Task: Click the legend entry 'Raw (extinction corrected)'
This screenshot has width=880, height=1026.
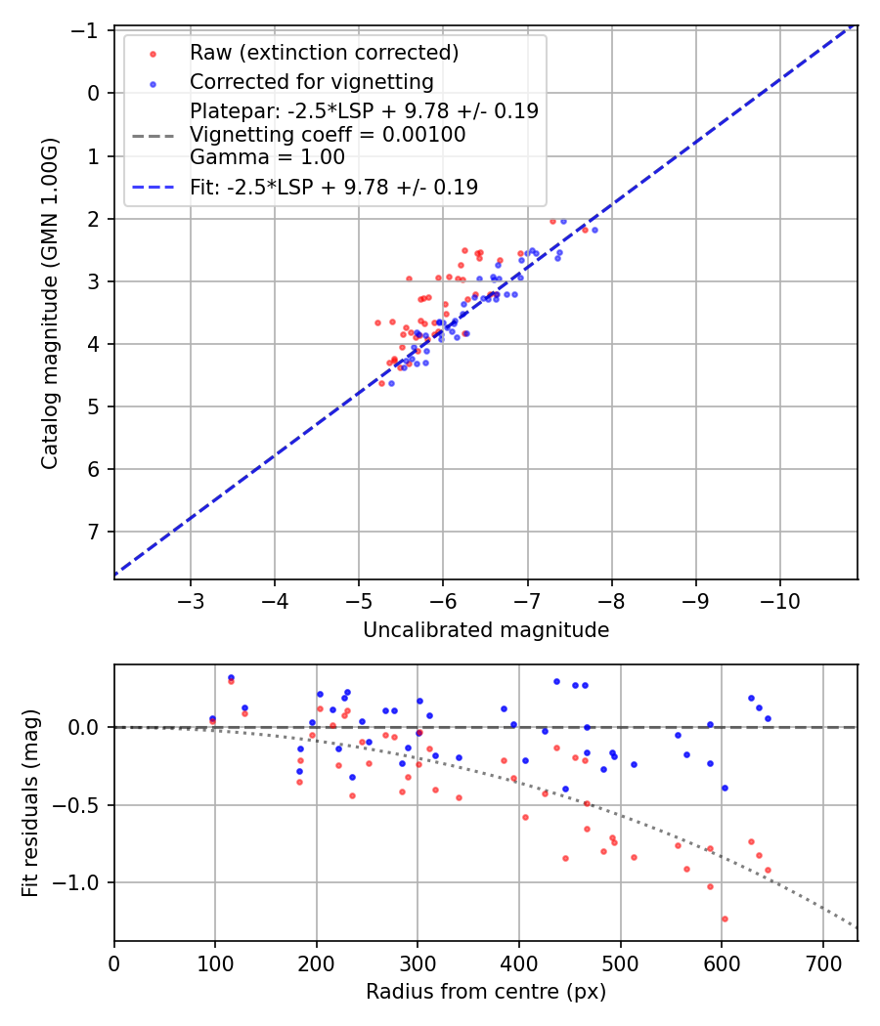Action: (x=324, y=52)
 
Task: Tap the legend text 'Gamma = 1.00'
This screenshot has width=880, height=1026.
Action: (x=267, y=156)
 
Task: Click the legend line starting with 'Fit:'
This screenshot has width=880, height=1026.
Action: (x=333, y=187)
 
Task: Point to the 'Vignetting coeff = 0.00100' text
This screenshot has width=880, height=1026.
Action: (x=328, y=134)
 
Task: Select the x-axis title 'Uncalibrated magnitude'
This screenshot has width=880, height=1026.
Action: (x=486, y=630)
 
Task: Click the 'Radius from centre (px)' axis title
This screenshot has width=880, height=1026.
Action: (x=486, y=992)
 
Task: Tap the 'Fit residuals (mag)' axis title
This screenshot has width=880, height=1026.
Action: (x=30, y=803)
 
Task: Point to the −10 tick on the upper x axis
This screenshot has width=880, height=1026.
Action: (x=780, y=599)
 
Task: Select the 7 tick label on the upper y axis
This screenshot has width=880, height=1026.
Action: (x=95, y=532)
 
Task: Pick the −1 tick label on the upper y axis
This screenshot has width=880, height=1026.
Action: (x=90, y=30)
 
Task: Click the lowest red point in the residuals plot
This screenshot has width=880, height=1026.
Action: (x=725, y=919)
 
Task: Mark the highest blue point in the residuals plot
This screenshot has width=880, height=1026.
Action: (x=231, y=677)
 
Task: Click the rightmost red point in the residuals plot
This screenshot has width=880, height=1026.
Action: (x=768, y=870)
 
